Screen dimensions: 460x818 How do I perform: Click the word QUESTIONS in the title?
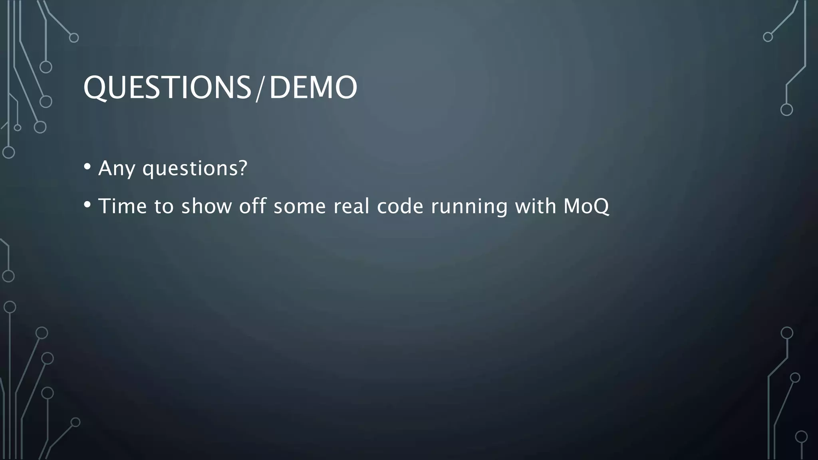167,88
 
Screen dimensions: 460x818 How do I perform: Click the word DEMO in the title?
313,88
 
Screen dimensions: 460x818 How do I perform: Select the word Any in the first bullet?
116,169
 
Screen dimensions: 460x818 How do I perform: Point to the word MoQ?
586,206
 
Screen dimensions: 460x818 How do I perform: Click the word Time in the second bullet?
123,206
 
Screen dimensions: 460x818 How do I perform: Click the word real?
351,206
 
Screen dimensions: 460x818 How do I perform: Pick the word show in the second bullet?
206,206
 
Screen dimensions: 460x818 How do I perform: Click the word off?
252,206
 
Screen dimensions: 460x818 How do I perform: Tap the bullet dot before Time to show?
87,204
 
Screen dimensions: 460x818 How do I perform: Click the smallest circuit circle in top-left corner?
18,128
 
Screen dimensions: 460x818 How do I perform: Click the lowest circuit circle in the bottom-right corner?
801,437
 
